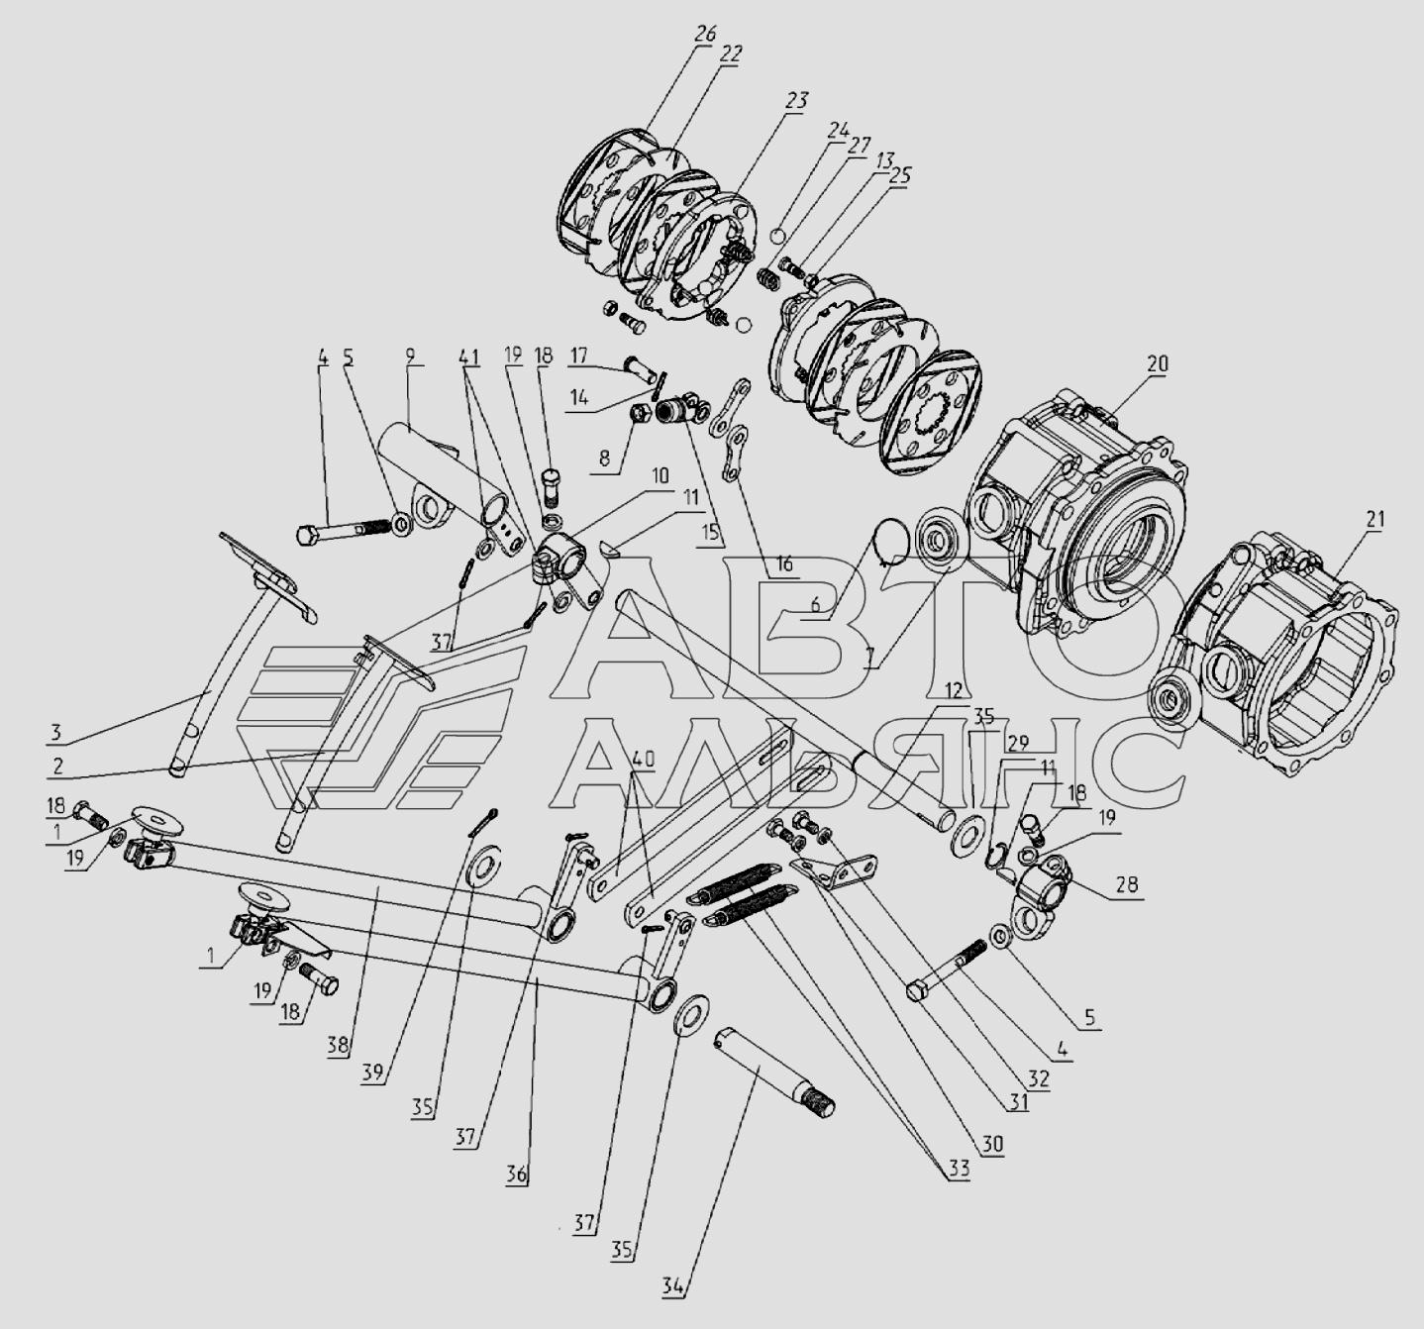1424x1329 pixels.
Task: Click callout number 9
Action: coord(409,357)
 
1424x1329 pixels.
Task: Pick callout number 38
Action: coord(338,1045)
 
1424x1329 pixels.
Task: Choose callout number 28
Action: coord(1126,884)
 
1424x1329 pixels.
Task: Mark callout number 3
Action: coord(55,732)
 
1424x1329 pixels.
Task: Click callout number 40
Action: coord(643,760)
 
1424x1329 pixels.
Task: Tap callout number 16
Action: coord(783,563)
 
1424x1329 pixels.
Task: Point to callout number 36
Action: coord(517,1175)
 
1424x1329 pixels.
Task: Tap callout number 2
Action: coord(57,766)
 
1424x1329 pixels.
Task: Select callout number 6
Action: coord(815,605)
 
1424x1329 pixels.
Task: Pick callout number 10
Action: coord(659,475)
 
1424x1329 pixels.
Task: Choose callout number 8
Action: coord(604,458)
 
